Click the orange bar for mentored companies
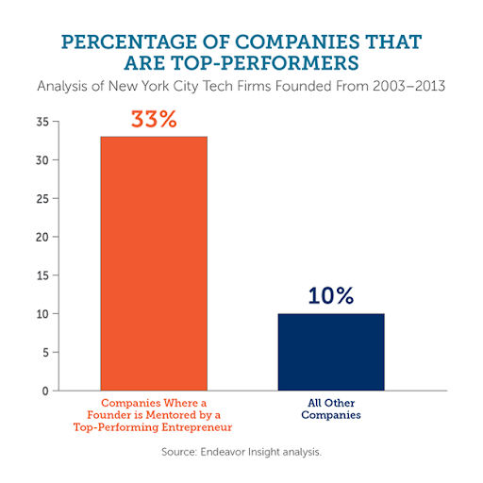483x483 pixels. (x=155, y=263)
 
